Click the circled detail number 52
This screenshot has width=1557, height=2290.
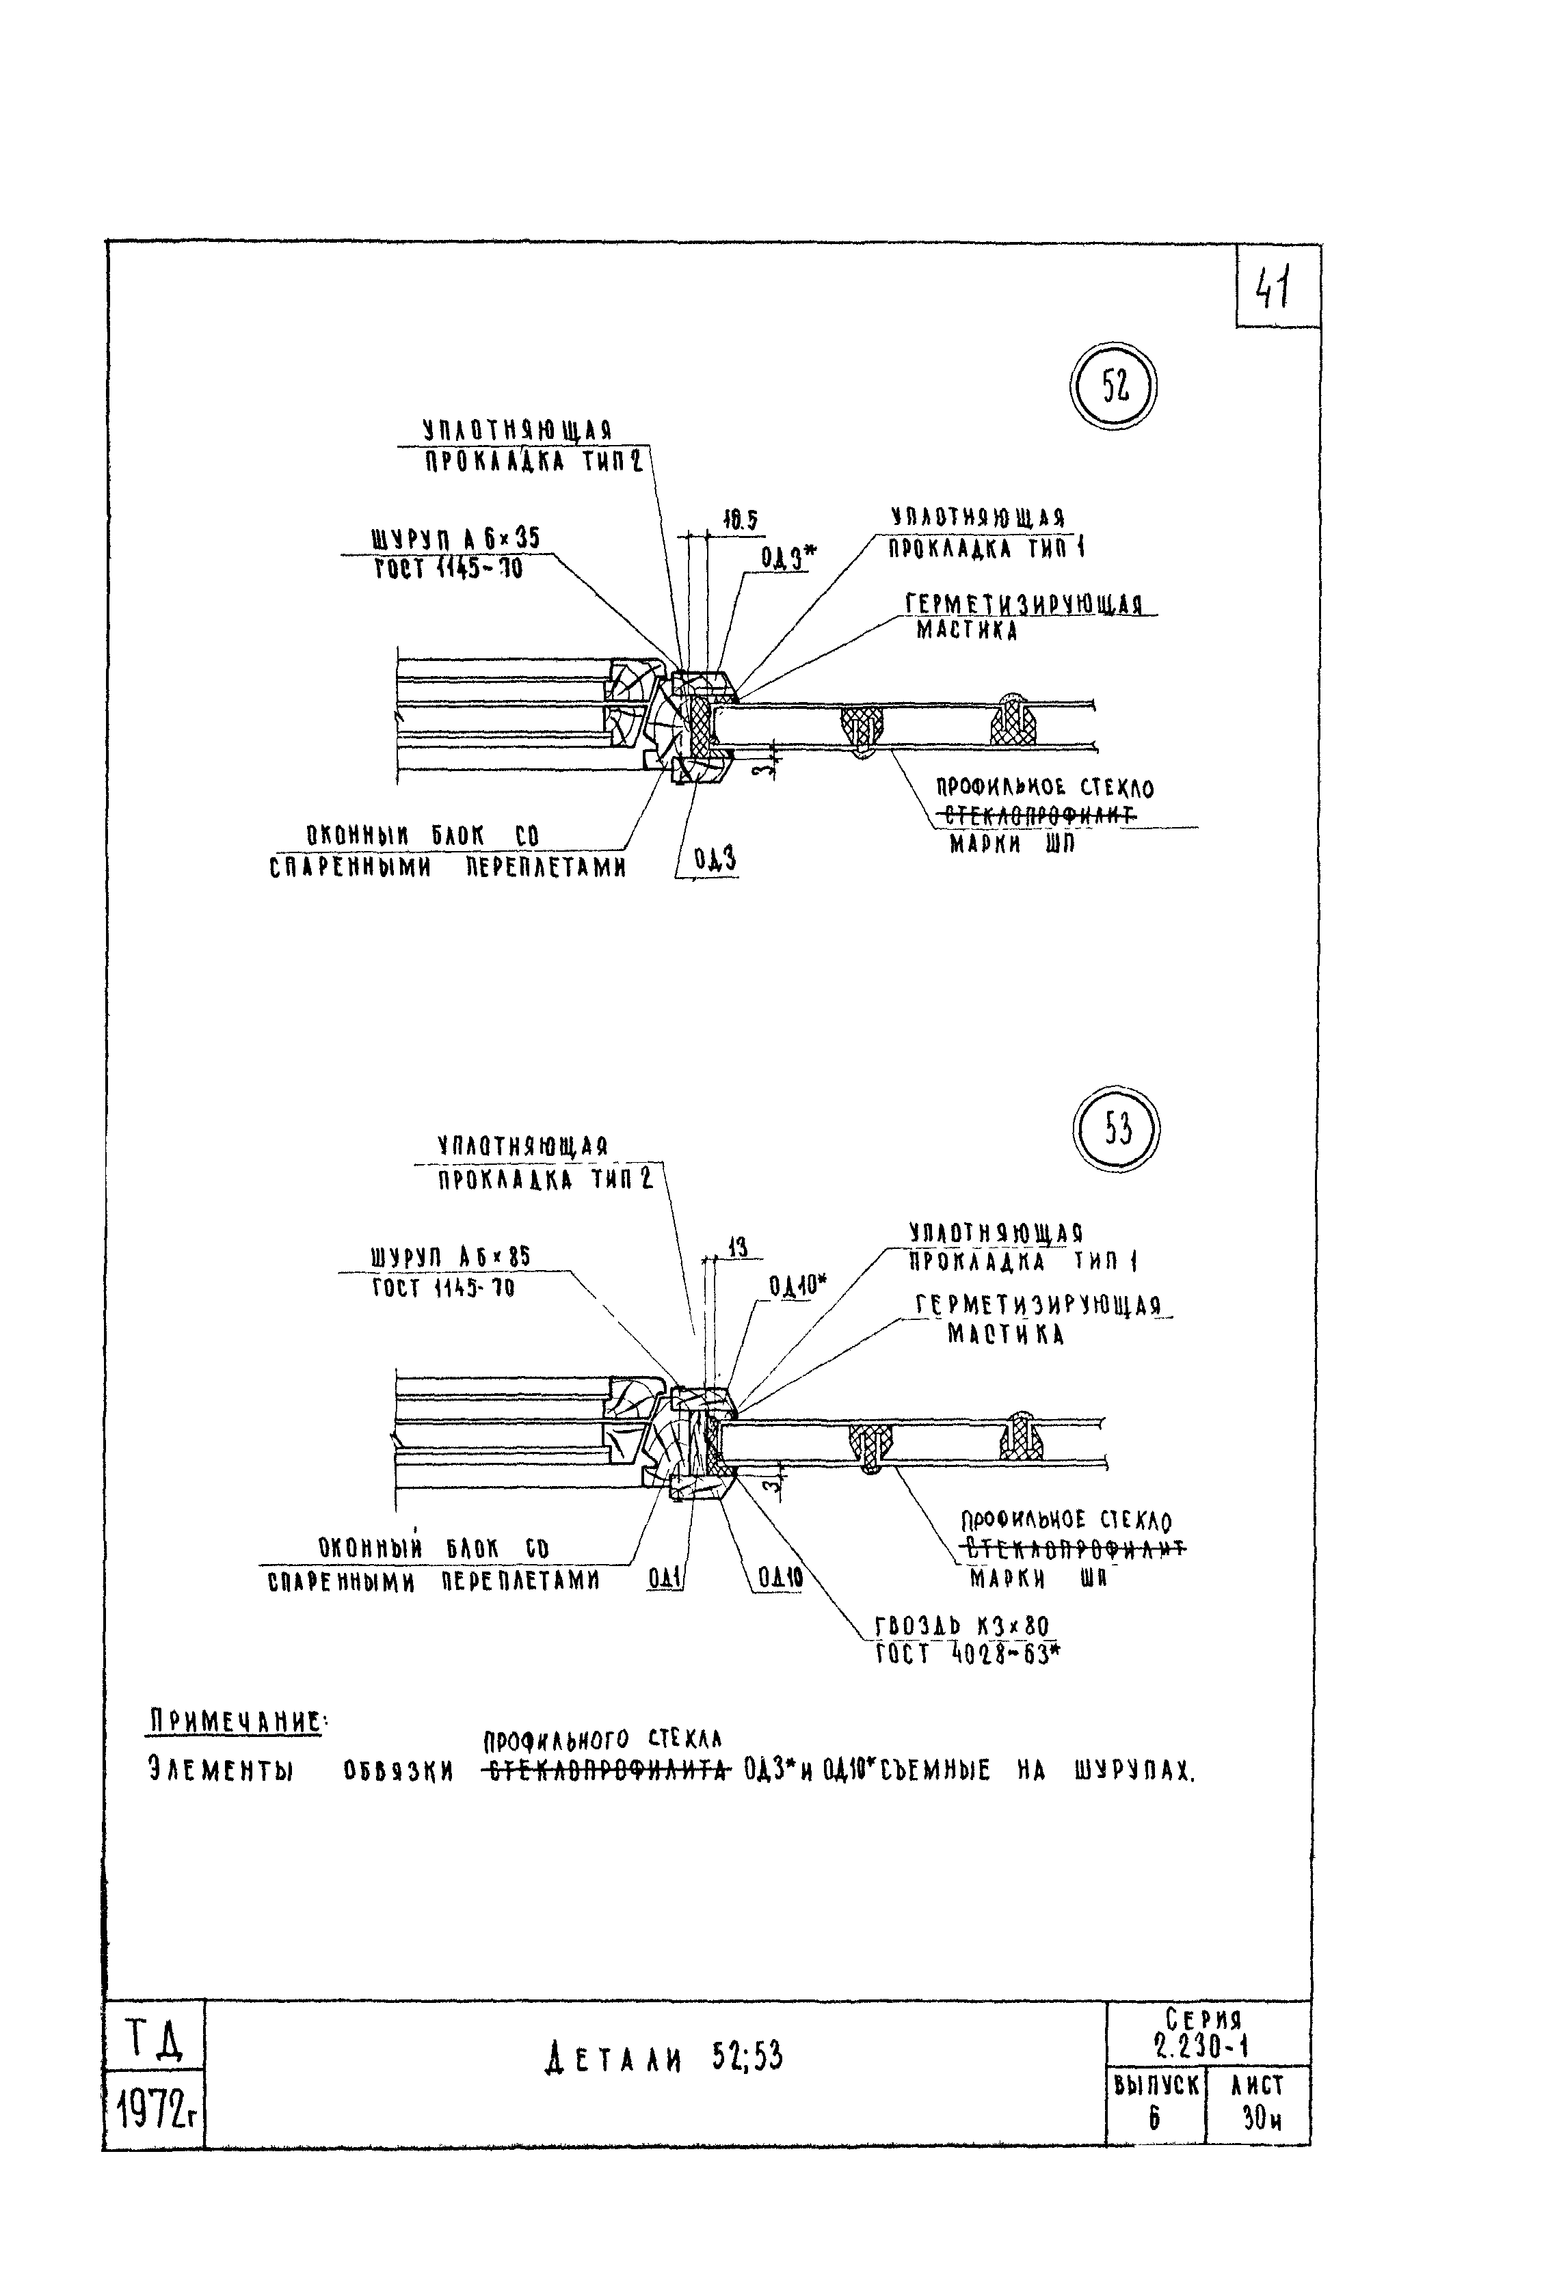point(1113,388)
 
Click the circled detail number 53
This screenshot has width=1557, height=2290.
point(1117,1128)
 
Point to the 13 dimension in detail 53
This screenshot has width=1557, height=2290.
point(737,1248)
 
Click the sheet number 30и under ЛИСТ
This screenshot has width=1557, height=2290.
point(1262,2116)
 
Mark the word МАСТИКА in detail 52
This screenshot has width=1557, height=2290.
point(967,631)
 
